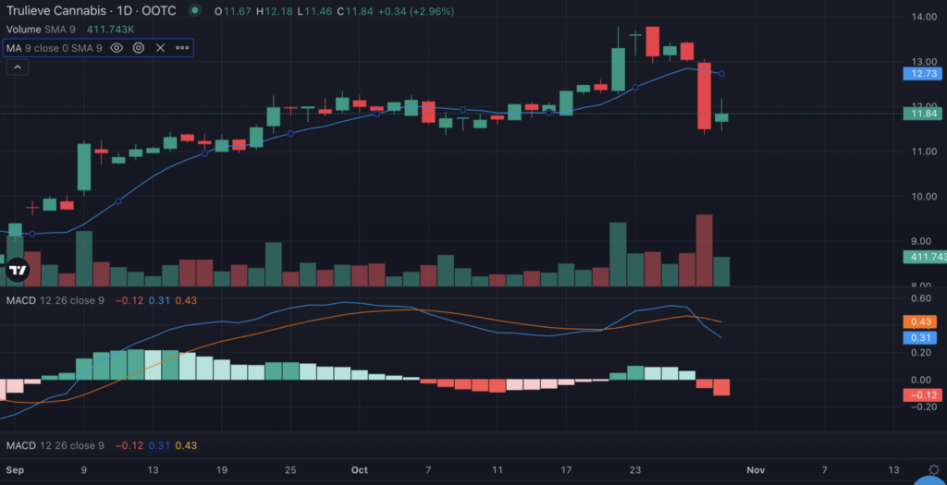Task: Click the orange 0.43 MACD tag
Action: click(921, 321)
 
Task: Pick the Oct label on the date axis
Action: click(360, 470)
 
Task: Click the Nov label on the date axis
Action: click(756, 470)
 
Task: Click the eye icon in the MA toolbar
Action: click(117, 47)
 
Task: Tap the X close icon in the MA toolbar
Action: click(160, 47)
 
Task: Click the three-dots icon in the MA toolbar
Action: click(181, 47)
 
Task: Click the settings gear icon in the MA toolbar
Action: click(139, 47)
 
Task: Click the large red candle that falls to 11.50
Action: click(705, 95)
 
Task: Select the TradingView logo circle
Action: click(18, 270)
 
